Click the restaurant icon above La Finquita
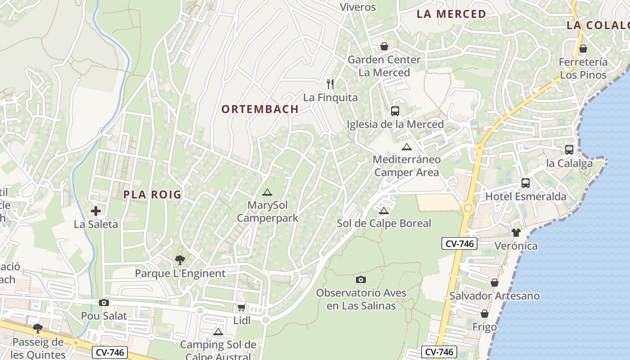[330, 84]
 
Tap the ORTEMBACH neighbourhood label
[260, 109]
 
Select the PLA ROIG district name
[153, 194]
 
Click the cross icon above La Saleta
[96, 211]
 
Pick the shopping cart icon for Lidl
[242, 308]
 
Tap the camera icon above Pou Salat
[104, 303]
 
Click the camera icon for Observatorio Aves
[361, 279]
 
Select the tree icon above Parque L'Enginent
[180, 260]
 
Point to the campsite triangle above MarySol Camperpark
[267, 193]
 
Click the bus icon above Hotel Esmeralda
[526, 183]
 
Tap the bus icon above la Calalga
[569, 150]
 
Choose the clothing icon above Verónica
[516, 233]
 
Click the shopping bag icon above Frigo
[485, 314]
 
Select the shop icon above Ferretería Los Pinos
[583, 49]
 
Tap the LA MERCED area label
[451, 14]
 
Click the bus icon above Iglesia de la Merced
[395, 111]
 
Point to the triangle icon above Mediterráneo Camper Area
[407, 147]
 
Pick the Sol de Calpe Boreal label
[384, 223]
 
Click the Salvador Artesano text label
[495, 296]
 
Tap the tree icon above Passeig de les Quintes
[38, 328]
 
